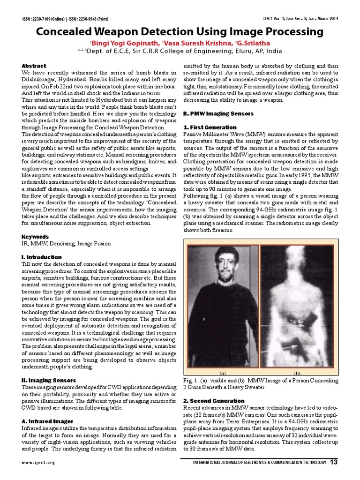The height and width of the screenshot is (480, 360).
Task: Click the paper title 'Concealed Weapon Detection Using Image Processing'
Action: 180,32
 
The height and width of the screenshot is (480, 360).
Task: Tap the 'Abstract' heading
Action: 34,66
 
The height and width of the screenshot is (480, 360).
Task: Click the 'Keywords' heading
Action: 35,237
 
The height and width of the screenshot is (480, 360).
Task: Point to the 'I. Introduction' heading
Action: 42,257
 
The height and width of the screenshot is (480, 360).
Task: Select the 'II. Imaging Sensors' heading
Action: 49,380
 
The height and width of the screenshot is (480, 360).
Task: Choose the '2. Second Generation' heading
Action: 213,401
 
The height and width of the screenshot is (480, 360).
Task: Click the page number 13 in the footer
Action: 334,463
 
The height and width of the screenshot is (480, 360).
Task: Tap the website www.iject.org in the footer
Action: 38,463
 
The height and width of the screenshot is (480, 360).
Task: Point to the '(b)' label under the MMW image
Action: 297,373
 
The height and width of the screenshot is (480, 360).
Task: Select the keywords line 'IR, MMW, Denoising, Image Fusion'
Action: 61,244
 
